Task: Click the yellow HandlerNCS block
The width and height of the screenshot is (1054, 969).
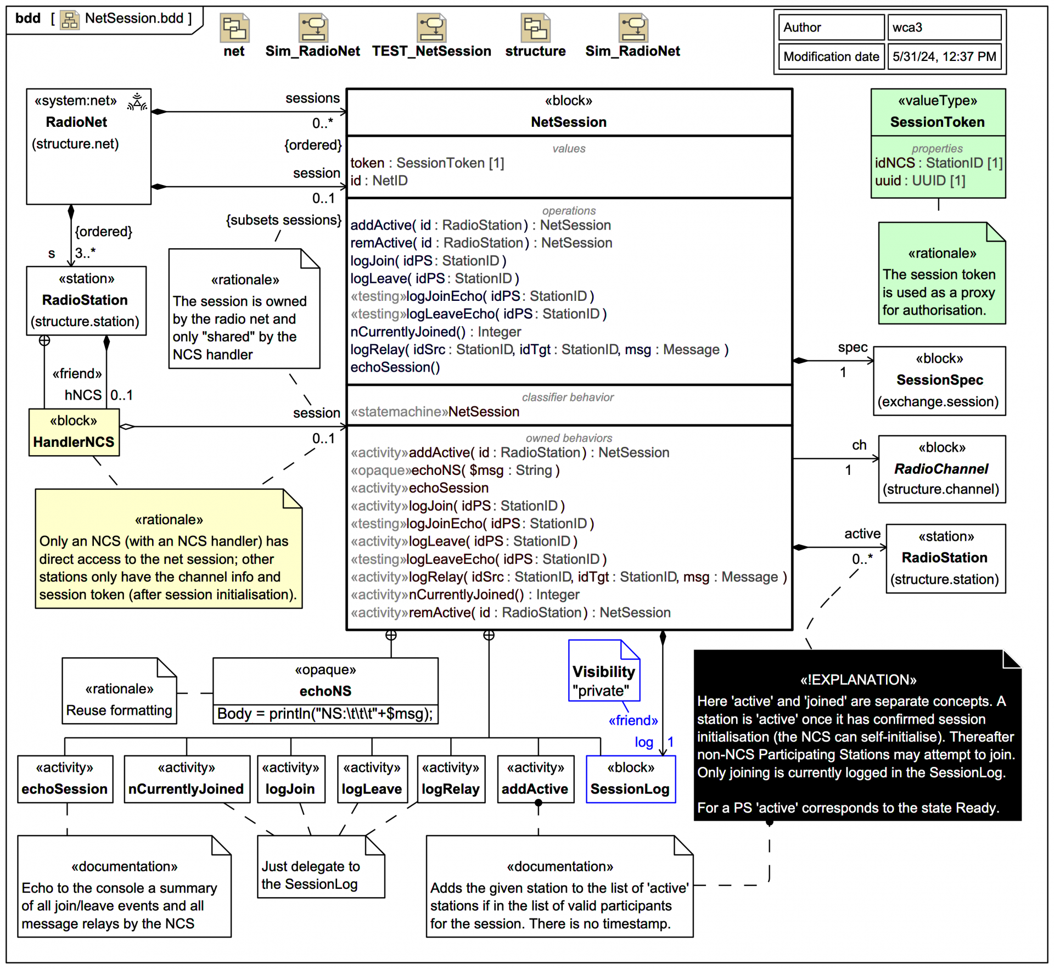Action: point(74,432)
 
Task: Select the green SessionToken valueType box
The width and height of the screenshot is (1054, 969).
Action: point(938,143)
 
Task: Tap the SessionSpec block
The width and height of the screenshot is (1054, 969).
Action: point(939,380)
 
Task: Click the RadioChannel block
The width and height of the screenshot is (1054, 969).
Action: point(941,469)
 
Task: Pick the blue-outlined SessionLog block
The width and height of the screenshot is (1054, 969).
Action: point(630,779)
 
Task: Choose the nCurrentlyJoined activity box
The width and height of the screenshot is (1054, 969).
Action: point(186,779)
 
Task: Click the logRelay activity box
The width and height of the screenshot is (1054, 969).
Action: point(450,779)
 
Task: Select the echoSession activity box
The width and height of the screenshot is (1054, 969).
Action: point(65,779)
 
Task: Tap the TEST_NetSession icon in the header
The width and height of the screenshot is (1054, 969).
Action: point(431,29)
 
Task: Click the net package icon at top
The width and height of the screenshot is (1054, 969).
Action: point(234,29)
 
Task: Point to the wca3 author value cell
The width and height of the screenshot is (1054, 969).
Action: point(944,27)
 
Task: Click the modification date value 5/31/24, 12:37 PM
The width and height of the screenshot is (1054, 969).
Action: point(944,57)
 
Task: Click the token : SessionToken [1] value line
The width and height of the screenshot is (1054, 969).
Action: point(427,163)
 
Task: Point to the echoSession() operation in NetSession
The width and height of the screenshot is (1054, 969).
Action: point(395,367)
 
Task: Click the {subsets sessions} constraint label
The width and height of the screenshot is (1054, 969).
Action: point(283,220)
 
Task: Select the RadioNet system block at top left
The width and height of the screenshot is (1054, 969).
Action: point(88,146)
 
